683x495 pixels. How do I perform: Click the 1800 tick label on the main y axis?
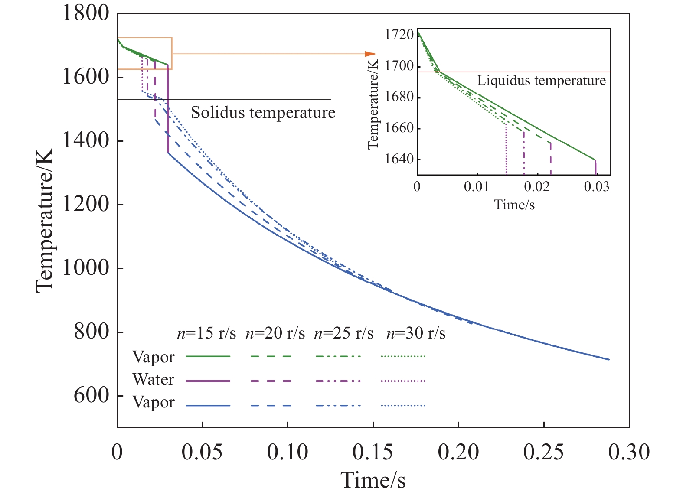[x=86, y=13]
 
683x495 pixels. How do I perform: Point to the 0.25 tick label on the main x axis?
[x=543, y=452]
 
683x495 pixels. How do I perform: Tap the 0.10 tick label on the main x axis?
[x=287, y=452]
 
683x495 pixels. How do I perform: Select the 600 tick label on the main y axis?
[x=92, y=395]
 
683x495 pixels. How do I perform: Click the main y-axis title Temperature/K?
[x=45, y=220]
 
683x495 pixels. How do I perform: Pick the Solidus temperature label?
[x=263, y=113]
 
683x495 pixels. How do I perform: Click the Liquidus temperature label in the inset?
[x=541, y=81]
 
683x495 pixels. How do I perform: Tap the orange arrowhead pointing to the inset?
[x=370, y=54]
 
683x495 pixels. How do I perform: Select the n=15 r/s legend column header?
[x=206, y=333]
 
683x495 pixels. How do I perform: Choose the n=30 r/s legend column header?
[x=416, y=333]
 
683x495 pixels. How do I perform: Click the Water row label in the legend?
[x=154, y=380]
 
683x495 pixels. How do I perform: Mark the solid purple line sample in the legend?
[x=208, y=381]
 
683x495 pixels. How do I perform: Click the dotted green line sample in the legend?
[x=403, y=356]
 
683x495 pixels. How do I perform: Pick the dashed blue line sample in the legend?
[x=271, y=406]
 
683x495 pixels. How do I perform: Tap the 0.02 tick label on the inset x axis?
[x=537, y=187]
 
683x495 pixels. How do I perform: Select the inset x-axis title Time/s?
[x=514, y=205]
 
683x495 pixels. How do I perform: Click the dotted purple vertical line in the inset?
[x=506, y=150]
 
